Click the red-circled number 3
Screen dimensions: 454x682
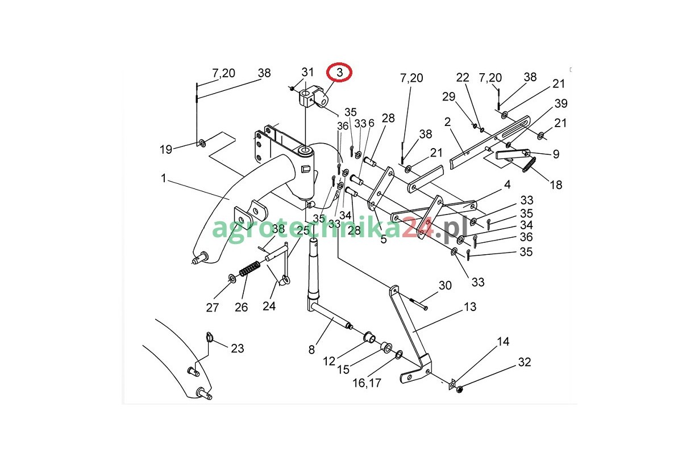(x=340, y=73)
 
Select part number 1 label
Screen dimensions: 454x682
(x=164, y=178)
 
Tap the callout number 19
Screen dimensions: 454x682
(x=165, y=150)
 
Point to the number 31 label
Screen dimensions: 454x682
(x=307, y=72)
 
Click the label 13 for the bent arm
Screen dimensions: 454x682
(x=470, y=307)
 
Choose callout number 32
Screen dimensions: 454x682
(x=523, y=361)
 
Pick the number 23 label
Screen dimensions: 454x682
(x=238, y=348)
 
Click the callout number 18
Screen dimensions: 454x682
(x=556, y=184)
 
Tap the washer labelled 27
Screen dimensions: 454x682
(x=232, y=278)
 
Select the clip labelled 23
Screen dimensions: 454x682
(x=209, y=338)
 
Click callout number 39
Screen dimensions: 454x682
(x=561, y=103)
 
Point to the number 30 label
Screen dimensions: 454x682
(x=445, y=285)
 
